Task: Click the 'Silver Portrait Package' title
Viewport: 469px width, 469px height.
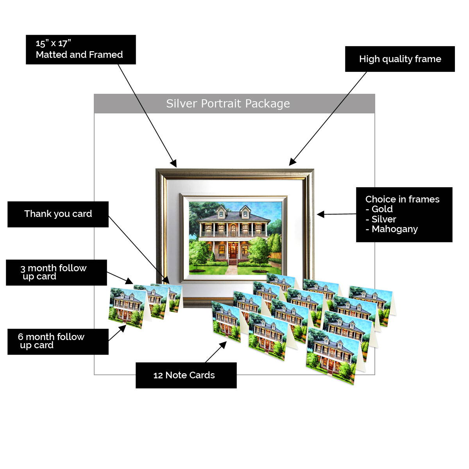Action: [228, 104]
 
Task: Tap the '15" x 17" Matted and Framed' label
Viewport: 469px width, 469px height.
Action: [79, 49]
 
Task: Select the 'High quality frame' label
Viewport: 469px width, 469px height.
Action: [400, 59]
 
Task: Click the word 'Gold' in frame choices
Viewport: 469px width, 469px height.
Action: [382, 209]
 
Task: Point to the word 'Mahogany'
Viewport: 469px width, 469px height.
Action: [394, 229]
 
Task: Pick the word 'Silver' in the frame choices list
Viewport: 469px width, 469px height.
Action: [383, 219]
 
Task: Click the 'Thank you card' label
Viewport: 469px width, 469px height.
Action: [58, 214]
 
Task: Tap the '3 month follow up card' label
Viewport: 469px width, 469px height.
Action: [54, 272]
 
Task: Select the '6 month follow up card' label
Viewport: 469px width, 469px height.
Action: [51, 341]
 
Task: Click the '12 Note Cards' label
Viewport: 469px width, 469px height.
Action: [184, 375]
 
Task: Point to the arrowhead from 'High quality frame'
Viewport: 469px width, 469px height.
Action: [292, 162]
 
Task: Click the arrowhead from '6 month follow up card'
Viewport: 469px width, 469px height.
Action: [123, 328]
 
